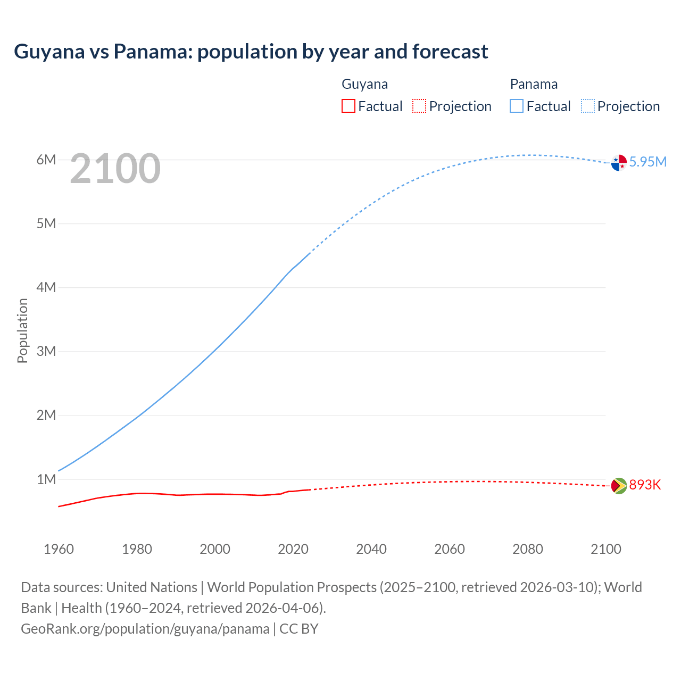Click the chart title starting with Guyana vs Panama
tap(251, 52)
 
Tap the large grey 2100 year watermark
tap(115, 169)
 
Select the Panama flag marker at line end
tap(619, 163)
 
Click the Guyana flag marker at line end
tap(619, 485)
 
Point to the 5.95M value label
tap(647, 162)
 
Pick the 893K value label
tap(645, 485)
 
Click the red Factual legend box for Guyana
tap(348, 106)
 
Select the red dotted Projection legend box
tap(419, 106)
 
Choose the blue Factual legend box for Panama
tap(517, 106)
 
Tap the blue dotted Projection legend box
tap(588, 106)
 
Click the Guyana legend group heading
tap(364, 84)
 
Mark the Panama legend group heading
tap(534, 84)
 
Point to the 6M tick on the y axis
tap(46, 160)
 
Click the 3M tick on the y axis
tap(46, 351)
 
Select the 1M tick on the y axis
tap(46, 479)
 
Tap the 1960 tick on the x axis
tap(59, 549)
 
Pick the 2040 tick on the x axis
tap(371, 549)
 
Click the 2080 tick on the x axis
tap(528, 549)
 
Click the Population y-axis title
tap(22, 330)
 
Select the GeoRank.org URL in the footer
tap(145, 629)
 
